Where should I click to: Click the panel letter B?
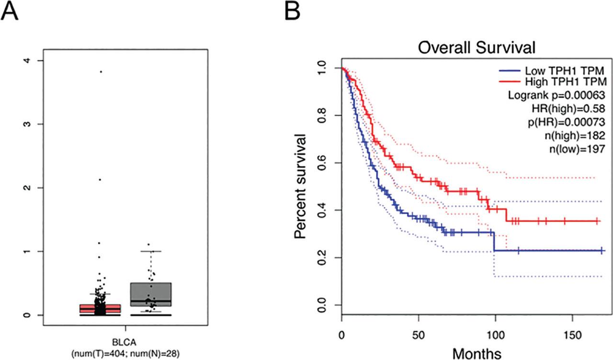[x=293, y=11]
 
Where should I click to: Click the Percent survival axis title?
[x=301, y=187]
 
